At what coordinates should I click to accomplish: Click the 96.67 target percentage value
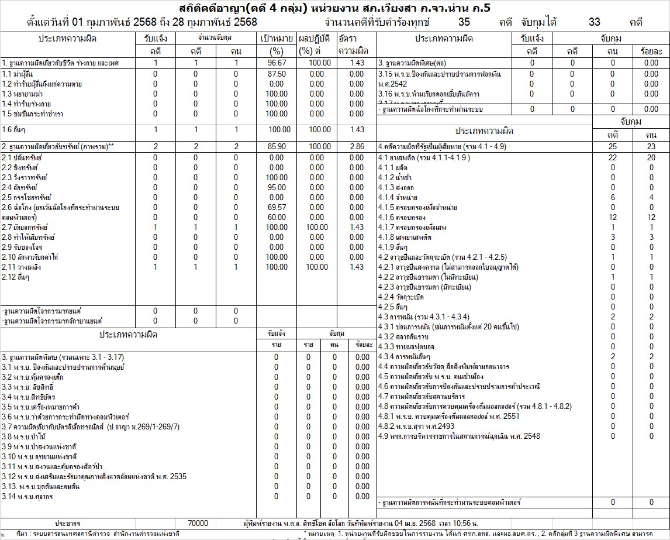[276, 63]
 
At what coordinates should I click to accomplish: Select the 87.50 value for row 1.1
[276, 74]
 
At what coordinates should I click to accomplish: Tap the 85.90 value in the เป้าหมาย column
[276, 146]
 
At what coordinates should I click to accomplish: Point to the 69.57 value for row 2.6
[276, 207]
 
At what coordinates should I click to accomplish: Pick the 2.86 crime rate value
[356, 146]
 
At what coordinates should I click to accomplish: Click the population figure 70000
[199, 523]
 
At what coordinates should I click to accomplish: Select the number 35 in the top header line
[464, 22]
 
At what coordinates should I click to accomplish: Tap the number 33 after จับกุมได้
[595, 22]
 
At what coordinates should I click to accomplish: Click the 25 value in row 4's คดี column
[613, 146]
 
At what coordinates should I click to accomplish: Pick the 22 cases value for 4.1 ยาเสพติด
[613, 158]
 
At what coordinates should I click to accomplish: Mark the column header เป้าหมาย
[276, 39]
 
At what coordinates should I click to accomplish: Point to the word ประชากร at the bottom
[68, 523]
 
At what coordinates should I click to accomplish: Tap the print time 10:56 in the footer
[458, 523]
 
